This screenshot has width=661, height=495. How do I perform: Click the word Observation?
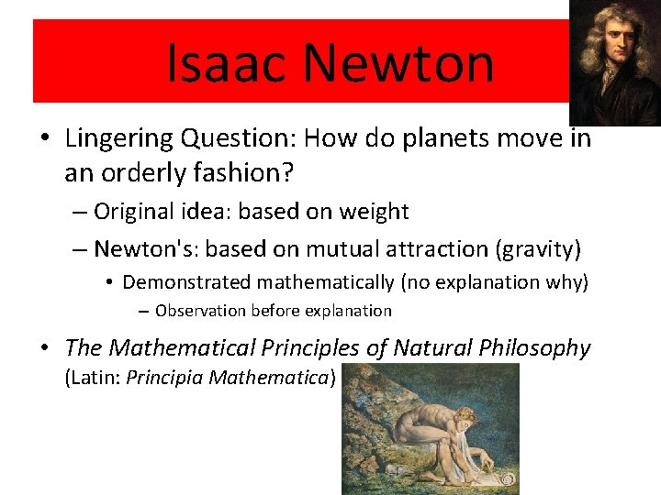(200, 311)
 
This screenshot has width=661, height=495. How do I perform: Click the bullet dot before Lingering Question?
(45, 139)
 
